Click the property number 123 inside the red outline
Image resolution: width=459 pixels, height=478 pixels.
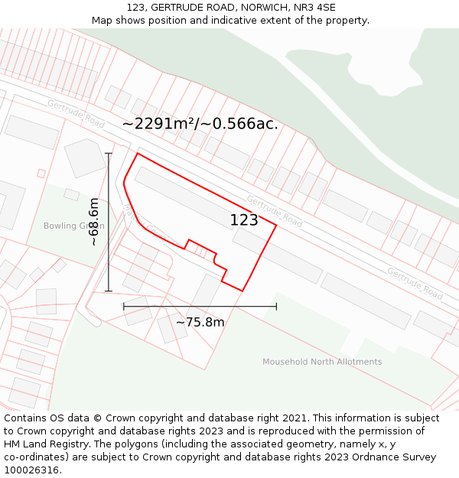[x=244, y=220]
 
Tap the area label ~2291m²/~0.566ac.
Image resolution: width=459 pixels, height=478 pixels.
[x=200, y=124]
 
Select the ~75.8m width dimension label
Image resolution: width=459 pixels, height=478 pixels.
[x=200, y=323]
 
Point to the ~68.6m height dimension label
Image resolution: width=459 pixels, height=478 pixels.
[x=93, y=222]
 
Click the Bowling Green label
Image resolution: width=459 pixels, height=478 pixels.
[x=73, y=226]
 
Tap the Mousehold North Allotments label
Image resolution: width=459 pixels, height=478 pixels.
[x=322, y=362]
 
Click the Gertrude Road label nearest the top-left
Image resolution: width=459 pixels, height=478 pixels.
[x=76, y=113]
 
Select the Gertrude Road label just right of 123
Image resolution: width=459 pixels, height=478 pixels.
[x=275, y=210]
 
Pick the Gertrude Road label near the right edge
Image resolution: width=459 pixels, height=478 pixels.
[x=415, y=283]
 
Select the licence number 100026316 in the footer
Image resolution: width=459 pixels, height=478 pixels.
[x=32, y=470]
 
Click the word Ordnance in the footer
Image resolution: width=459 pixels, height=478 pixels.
[x=364, y=457]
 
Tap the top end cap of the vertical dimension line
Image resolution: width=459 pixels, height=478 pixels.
[x=109, y=154]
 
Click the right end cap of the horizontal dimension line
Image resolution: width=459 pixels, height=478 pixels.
[x=276, y=306]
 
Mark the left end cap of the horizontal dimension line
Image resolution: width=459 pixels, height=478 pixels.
[x=124, y=306]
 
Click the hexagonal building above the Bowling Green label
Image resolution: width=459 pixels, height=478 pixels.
[x=85, y=158]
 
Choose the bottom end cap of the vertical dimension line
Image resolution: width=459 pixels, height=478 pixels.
[x=109, y=291]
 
